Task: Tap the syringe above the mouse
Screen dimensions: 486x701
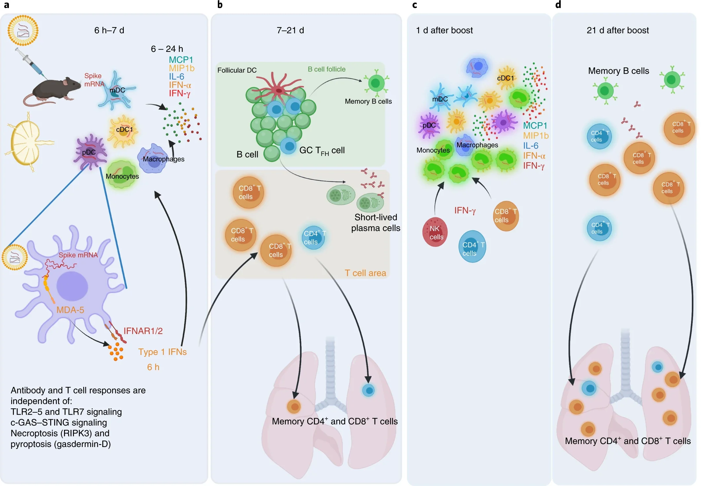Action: (31, 63)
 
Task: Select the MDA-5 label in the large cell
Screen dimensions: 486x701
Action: (70, 310)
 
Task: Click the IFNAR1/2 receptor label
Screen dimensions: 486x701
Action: (143, 331)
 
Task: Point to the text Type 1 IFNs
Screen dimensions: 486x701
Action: (162, 352)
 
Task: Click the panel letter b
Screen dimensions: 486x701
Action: (220, 5)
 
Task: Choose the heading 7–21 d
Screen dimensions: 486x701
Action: (290, 30)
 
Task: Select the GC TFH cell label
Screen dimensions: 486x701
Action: (322, 151)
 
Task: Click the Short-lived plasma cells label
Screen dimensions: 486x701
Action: (376, 223)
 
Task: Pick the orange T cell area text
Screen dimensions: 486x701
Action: (365, 273)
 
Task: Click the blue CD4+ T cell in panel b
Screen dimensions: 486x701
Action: (313, 238)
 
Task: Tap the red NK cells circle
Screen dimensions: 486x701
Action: (435, 233)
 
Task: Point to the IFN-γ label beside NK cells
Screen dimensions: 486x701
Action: (465, 210)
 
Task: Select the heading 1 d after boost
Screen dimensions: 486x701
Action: (444, 30)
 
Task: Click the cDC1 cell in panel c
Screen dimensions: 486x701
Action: (506, 78)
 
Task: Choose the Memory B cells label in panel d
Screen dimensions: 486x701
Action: (618, 71)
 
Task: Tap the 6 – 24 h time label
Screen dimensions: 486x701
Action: (167, 49)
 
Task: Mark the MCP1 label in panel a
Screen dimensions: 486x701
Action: (181, 60)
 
